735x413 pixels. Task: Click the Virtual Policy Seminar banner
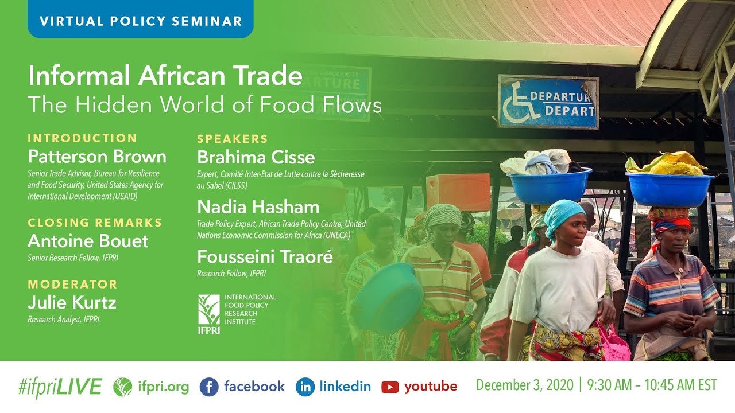tap(140, 21)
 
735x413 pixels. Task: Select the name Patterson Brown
tap(97, 157)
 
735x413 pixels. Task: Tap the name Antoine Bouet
tap(88, 241)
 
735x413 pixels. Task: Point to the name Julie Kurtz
tap(72, 302)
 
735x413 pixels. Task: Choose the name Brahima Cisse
tap(256, 157)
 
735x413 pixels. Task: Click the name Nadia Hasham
tap(258, 206)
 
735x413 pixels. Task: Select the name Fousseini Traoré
tap(265, 256)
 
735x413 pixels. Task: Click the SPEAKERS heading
tap(233, 139)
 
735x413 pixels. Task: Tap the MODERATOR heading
tap(72, 284)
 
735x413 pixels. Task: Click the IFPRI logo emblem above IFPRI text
tap(208, 309)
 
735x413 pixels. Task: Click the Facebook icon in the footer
tap(209, 387)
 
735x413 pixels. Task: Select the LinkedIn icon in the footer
tap(305, 387)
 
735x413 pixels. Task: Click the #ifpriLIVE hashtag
tap(60, 387)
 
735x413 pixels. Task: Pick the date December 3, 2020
tap(524, 385)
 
